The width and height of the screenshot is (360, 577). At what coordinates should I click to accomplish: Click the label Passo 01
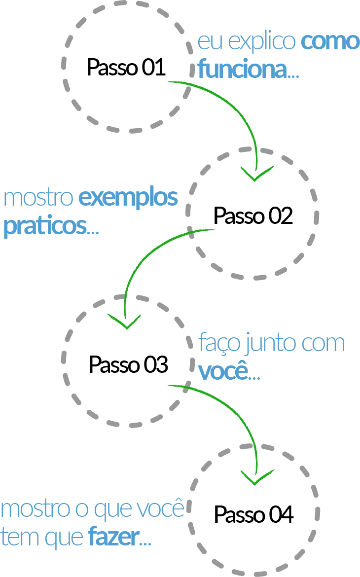[126, 68]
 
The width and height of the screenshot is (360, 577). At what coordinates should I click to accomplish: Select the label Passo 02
[253, 216]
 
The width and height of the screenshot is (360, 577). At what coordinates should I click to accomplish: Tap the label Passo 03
[128, 364]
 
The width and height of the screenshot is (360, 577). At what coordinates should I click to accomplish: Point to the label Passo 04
[253, 514]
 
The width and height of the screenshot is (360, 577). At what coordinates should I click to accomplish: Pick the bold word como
[330, 41]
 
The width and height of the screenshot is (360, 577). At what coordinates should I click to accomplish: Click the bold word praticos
[45, 226]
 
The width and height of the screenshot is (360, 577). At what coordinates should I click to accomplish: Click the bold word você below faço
[223, 371]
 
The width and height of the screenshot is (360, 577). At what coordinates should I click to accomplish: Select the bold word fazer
[114, 537]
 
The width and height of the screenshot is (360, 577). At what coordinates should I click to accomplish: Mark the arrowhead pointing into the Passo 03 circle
[124, 321]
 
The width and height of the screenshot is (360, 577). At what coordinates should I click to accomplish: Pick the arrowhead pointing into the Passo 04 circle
[257, 477]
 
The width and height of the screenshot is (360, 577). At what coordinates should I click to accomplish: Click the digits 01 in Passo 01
[154, 68]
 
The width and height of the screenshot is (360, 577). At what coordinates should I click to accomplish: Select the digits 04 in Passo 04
[281, 514]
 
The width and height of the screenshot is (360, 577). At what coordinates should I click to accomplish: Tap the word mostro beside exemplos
[38, 198]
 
